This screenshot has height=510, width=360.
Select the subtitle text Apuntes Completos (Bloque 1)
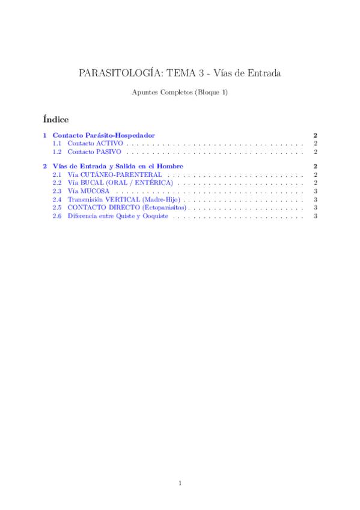180,93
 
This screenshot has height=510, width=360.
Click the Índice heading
56,119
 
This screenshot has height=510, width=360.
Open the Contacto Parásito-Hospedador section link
108,136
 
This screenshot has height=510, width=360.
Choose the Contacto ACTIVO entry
95,144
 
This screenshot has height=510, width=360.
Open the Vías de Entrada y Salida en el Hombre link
118,166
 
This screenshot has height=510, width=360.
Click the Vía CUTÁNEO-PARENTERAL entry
114,174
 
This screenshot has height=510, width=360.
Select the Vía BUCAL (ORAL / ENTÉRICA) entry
120,182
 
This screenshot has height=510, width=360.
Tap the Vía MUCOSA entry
88,191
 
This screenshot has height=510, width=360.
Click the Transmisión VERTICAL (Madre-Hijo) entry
124,199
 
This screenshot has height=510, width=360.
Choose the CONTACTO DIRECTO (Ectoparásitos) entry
126,207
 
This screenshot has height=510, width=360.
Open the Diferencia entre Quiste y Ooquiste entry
118,216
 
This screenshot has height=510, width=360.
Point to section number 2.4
57,199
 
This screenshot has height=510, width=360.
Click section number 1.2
57,153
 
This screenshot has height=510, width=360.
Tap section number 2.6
57,216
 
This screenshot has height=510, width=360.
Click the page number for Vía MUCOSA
316,191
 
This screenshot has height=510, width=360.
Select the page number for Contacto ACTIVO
316,144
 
